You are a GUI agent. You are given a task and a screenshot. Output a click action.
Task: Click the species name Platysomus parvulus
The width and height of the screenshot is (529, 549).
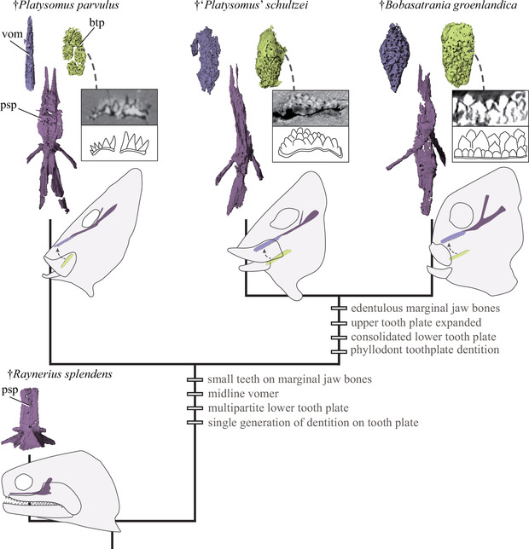coord(57,9)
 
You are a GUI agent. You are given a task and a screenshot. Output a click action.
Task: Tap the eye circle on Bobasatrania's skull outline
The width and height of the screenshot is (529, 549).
coord(469,211)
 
